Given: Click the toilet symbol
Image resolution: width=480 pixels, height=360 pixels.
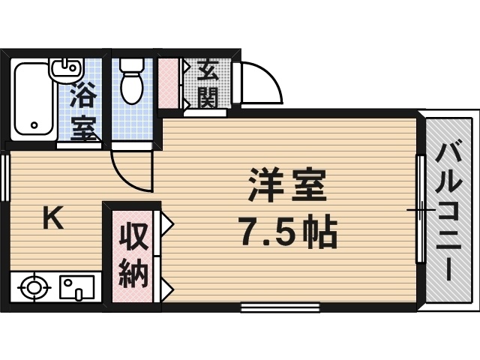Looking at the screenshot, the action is [132, 81].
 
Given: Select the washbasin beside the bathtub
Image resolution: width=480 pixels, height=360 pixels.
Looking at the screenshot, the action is [67, 70].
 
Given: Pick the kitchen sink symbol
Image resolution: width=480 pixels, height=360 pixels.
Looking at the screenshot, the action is [76, 287].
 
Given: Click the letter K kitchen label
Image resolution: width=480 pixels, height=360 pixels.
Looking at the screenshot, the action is [52, 218].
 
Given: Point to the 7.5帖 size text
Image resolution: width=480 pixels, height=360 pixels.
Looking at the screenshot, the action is [289, 231].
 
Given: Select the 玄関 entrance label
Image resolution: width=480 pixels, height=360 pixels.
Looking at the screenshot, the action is [208, 85].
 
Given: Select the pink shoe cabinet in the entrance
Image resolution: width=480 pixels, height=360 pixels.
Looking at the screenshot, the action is [168, 83].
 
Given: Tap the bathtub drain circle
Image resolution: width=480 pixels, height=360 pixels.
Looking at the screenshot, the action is [34, 125].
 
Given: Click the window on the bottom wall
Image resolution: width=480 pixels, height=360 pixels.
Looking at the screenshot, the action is [280, 307].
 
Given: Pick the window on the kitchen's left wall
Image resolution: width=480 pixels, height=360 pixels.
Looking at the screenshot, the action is [5, 178].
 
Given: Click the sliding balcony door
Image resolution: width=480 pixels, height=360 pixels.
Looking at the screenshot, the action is [421, 209].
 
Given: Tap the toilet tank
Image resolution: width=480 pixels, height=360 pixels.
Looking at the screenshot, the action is [132, 64].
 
